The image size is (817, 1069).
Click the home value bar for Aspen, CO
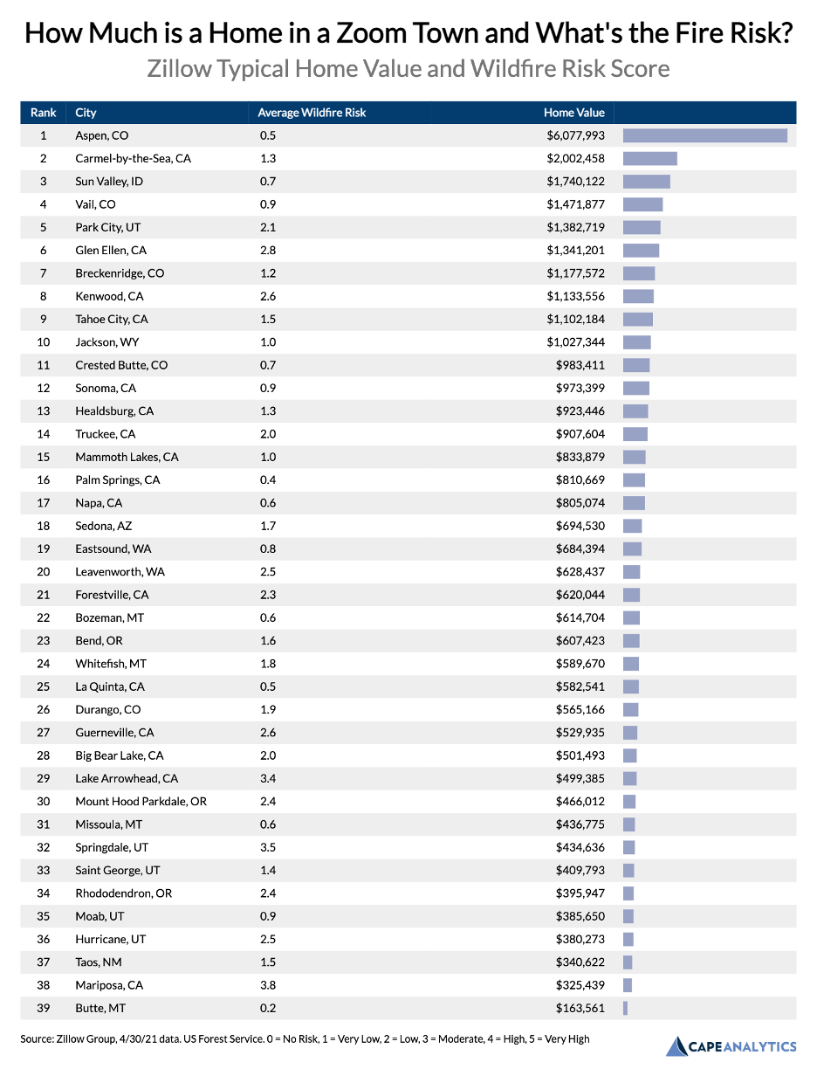[x=704, y=135]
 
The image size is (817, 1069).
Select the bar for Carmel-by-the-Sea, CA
[x=649, y=158]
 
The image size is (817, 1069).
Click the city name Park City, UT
[x=107, y=227]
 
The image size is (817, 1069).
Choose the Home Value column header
[x=573, y=113]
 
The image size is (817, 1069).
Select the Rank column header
[x=44, y=113]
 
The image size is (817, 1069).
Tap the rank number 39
[x=44, y=1008]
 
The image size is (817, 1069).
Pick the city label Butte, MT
[x=100, y=1008]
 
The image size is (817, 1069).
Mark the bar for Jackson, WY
[x=636, y=341]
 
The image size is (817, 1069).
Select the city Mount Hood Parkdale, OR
[x=141, y=801]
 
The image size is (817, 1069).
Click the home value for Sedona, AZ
[x=580, y=526]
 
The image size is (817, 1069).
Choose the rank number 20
[x=44, y=571]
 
